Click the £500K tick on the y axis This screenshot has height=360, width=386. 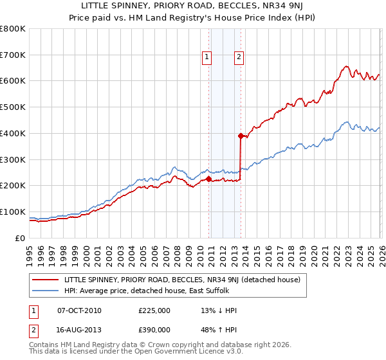coord(13,107)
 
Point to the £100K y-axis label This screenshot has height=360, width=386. coord(13,212)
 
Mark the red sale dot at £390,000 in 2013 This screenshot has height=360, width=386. coord(241,136)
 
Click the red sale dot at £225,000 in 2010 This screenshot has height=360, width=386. coord(209,179)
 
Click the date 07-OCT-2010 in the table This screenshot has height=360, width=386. coord(79,310)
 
